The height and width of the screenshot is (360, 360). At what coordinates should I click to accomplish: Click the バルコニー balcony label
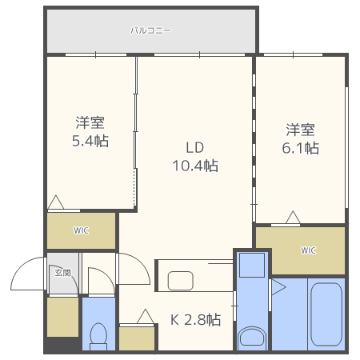click(150, 31)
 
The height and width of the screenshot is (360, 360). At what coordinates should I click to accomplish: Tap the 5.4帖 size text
click(90, 142)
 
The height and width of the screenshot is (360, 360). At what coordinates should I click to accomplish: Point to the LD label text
click(195, 148)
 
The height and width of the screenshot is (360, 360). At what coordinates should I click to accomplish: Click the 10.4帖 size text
click(195, 166)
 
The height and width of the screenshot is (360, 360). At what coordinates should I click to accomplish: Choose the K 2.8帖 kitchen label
click(195, 319)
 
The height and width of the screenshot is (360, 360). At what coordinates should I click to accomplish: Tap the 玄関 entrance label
click(62, 273)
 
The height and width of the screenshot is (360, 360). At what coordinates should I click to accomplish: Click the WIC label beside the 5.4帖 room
click(82, 231)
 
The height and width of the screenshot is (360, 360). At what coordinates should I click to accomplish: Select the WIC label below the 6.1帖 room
click(308, 250)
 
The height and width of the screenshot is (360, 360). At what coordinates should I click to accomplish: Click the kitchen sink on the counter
click(180, 281)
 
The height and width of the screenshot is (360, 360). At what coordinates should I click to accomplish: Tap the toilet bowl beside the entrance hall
click(99, 335)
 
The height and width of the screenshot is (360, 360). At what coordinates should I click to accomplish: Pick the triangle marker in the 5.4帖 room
click(56, 203)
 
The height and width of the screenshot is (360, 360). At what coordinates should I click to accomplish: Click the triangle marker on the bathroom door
click(278, 287)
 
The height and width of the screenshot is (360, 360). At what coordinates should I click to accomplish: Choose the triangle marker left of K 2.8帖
click(146, 317)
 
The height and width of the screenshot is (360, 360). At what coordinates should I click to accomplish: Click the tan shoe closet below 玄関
click(62, 316)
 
